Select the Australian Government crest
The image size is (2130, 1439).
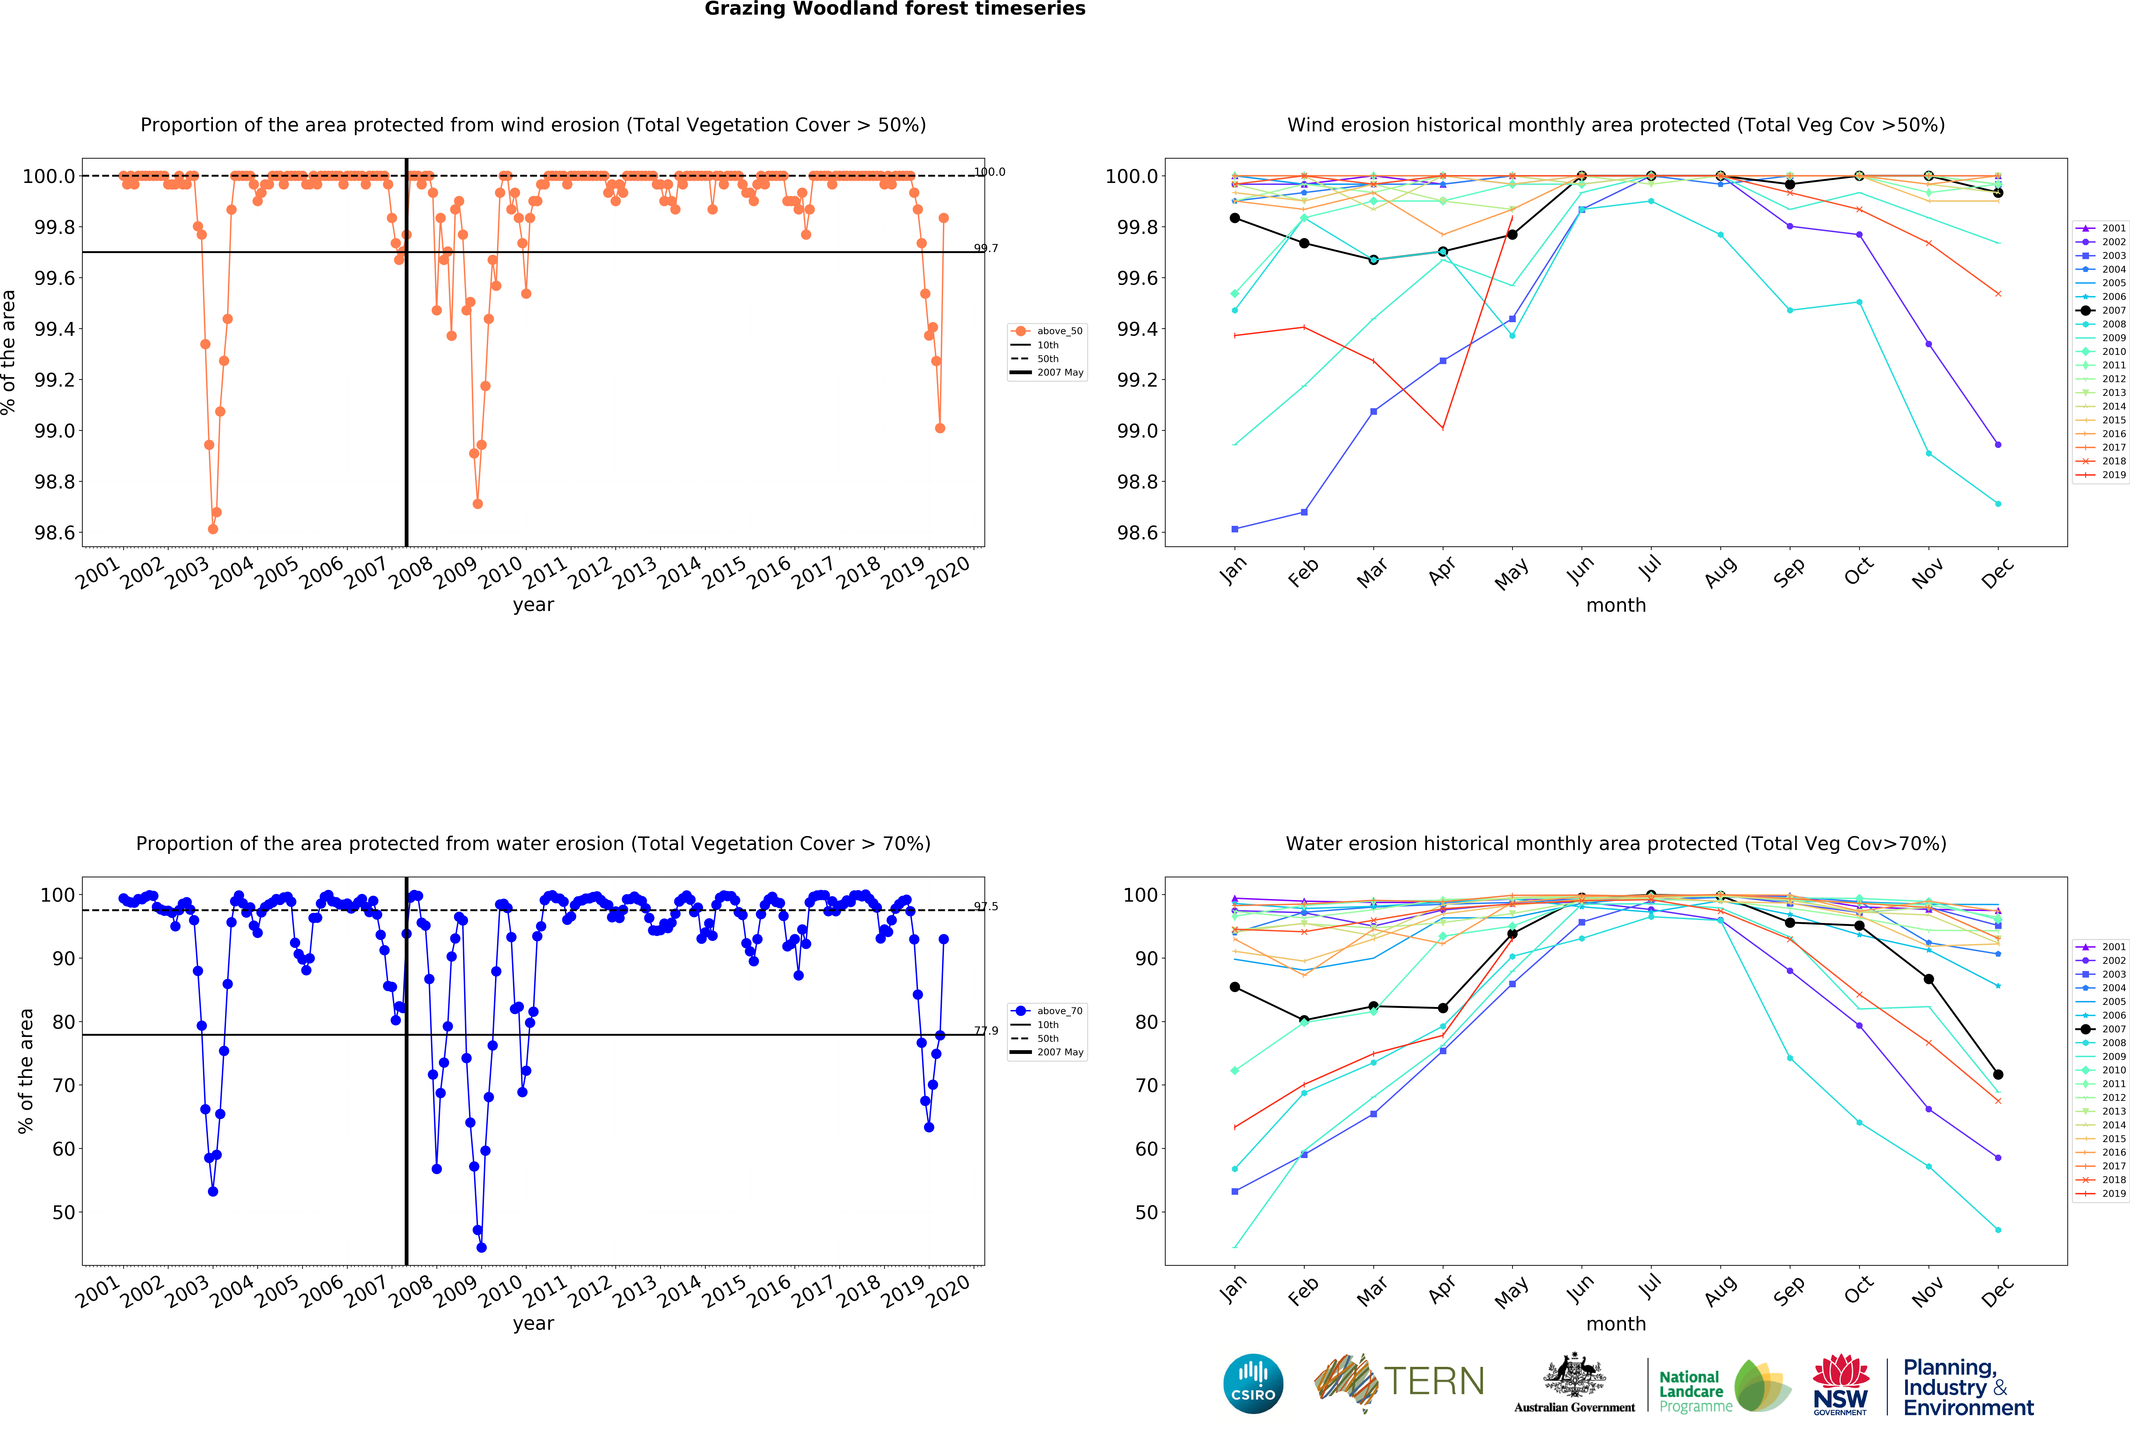click(1574, 1375)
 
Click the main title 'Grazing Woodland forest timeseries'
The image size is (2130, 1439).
click(895, 9)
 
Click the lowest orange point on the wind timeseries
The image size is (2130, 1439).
click(213, 529)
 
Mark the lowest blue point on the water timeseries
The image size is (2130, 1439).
click(481, 1247)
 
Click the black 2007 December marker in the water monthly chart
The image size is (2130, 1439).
click(1998, 1074)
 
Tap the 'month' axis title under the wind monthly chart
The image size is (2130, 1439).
click(1616, 605)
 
